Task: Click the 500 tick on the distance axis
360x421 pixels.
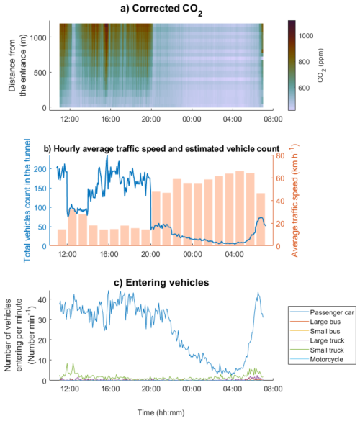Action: (x=45, y=72)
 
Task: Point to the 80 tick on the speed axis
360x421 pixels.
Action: (x=279, y=155)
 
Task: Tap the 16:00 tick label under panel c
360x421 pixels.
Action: (x=109, y=389)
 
